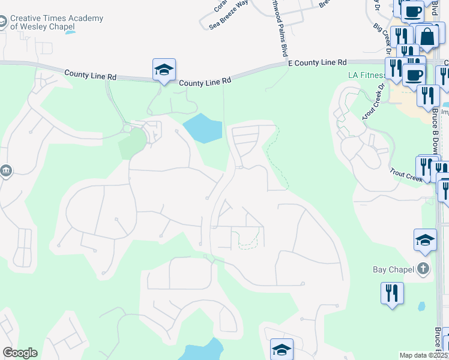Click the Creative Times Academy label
click(56, 22)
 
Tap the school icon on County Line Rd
click(164, 70)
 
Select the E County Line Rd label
click(318, 62)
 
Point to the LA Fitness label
click(367, 76)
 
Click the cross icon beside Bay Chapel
click(424, 269)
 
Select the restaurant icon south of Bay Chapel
click(392, 294)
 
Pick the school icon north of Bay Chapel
click(425, 241)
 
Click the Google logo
click(20, 353)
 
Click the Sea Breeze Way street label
click(229, 15)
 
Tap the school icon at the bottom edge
click(282, 349)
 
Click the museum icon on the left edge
click(5, 172)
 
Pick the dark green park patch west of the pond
click(133, 144)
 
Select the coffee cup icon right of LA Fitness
click(414, 75)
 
